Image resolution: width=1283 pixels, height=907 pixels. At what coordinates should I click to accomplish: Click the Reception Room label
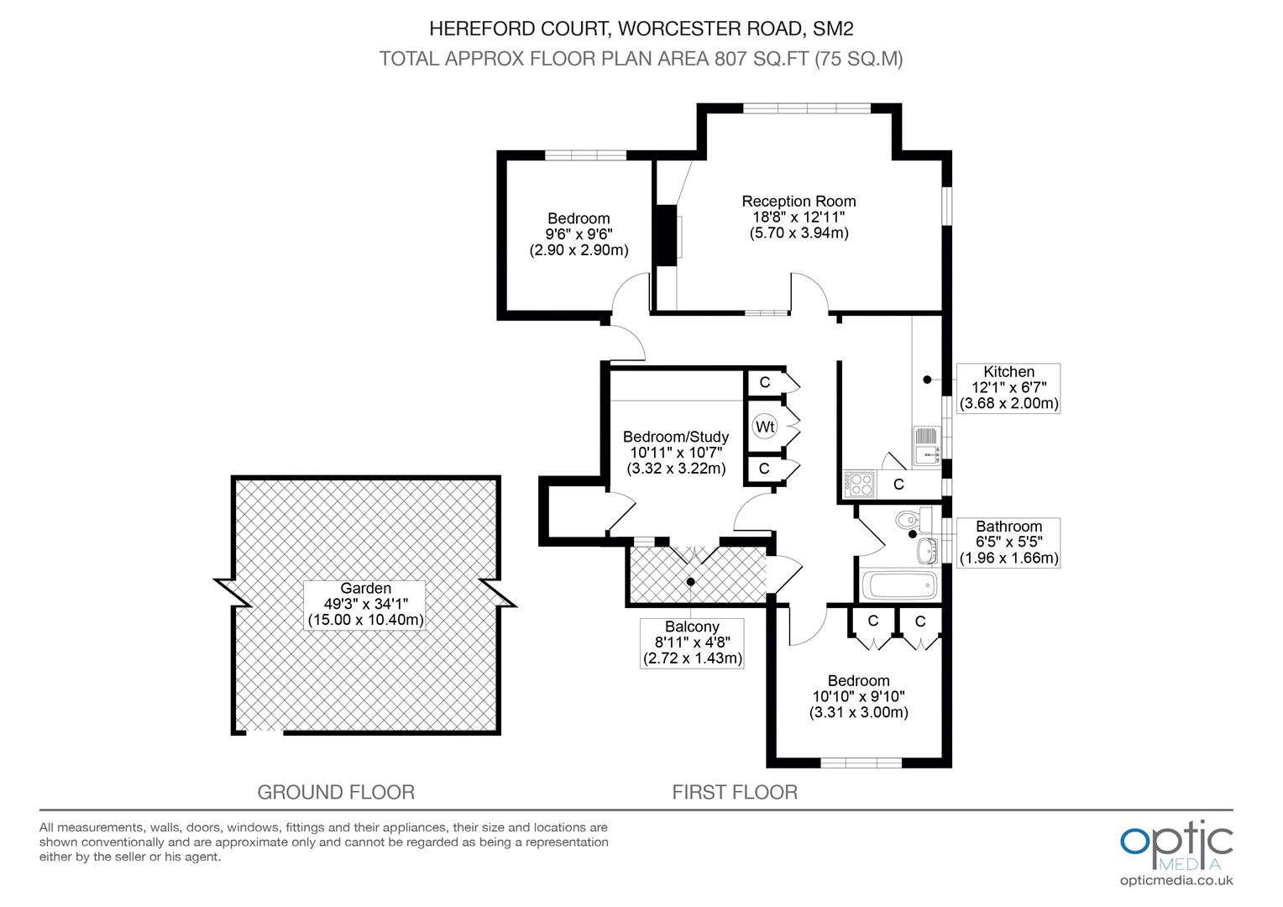click(x=799, y=218)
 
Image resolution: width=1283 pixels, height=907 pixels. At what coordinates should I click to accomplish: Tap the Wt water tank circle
click(x=765, y=427)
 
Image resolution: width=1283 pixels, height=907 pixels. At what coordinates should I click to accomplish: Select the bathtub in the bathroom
click(x=900, y=585)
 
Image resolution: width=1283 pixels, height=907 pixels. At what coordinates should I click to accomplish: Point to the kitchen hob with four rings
click(x=859, y=484)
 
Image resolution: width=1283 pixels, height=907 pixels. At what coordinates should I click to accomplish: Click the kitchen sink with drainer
click(x=926, y=446)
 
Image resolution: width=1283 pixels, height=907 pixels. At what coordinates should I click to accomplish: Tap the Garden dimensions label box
click(x=365, y=605)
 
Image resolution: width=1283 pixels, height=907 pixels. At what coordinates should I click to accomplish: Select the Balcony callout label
click(x=692, y=642)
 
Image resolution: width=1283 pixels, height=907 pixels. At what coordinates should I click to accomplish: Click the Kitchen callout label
click(x=1008, y=388)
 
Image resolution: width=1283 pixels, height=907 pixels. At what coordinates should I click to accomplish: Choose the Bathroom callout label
click(x=1008, y=543)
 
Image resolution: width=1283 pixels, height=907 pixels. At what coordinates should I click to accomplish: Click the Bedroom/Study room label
click(x=676, y=453)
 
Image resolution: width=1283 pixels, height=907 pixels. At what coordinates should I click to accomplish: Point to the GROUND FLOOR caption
click(x=336, y=792)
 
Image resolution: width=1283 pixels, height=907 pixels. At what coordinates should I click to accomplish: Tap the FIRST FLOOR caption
click(x=735, y=792)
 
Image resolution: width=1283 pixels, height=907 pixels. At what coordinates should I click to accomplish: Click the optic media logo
click(x=1176, y=845)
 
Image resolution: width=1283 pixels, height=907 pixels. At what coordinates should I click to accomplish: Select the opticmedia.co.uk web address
click(x=1176, y=881)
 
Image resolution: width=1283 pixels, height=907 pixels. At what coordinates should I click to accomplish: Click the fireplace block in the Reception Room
click(x=666, y=235)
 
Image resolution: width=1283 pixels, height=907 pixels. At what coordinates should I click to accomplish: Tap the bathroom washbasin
click(x=926, y=551)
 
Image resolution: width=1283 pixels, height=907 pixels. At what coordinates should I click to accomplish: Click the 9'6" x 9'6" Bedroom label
click(x=579, y=234)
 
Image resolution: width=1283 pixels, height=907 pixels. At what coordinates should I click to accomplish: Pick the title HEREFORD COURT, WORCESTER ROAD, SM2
click(x=641, y=29)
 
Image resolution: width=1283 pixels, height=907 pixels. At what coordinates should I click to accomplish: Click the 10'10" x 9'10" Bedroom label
click(x=859, y=697)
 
